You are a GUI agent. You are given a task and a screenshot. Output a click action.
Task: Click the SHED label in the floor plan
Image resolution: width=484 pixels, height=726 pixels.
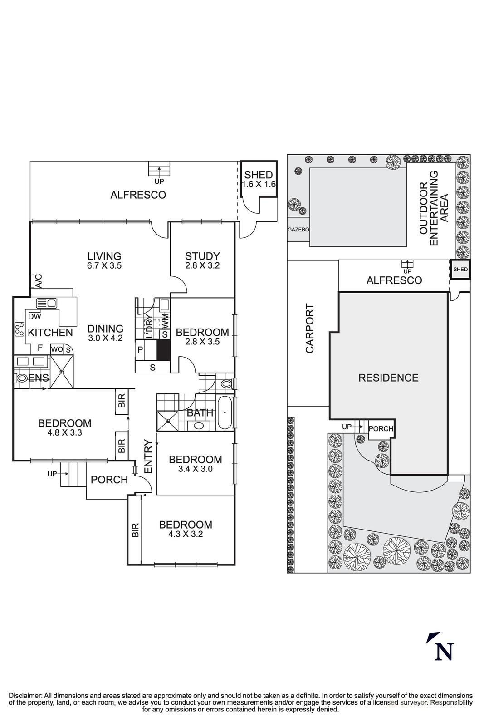pos(259,175)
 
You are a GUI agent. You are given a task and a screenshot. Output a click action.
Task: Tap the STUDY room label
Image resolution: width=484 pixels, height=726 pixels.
pos(202,256)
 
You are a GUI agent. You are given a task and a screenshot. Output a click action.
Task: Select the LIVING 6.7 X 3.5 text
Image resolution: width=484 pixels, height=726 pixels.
pos(104,261)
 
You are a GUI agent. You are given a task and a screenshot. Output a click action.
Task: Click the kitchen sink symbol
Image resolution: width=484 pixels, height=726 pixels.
pos(46,303)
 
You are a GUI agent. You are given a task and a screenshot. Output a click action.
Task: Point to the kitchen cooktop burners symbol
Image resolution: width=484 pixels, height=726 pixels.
pos(19,329)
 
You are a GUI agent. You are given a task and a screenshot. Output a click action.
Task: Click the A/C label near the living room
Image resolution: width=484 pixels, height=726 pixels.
pos(39,281)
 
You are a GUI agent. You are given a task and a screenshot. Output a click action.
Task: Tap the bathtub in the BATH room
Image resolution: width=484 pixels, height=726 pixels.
pos(225,412)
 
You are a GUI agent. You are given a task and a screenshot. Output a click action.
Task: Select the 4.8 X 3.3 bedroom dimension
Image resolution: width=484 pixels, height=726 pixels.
pos(64,432)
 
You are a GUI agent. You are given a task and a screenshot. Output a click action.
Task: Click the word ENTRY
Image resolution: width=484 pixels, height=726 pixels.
pos(148,457)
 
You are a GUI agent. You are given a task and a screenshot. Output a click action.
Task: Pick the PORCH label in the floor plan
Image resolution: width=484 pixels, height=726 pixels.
pos(109,480)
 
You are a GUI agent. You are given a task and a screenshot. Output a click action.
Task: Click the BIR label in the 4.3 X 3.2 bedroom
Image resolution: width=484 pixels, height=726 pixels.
pos(135,530)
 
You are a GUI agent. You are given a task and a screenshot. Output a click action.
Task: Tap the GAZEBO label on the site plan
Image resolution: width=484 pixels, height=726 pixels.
pos(298,230)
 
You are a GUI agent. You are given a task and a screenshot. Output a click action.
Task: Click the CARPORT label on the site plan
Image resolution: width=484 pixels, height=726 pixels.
pos(310,329)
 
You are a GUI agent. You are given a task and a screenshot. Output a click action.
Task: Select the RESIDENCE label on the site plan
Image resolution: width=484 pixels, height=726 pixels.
pos(388,378)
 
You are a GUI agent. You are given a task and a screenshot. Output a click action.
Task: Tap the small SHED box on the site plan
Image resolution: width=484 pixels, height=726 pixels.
pos(460,270)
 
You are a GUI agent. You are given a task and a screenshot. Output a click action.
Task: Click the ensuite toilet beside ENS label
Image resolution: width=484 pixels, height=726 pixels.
pos(21,378)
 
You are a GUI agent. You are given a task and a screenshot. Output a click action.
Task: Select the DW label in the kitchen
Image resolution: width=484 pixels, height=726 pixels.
pos(34,316)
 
